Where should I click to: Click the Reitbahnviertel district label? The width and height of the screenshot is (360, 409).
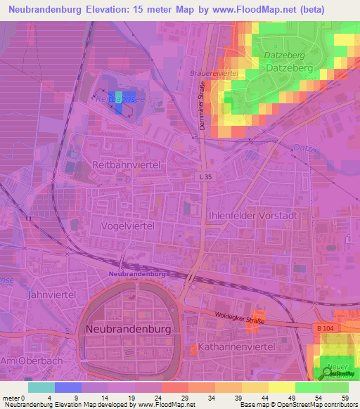[127, 164]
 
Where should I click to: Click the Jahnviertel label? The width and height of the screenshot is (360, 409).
[50, 295]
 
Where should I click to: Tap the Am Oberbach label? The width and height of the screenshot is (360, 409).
[23, 361]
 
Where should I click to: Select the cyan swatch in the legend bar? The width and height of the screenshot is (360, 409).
[41, 387]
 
